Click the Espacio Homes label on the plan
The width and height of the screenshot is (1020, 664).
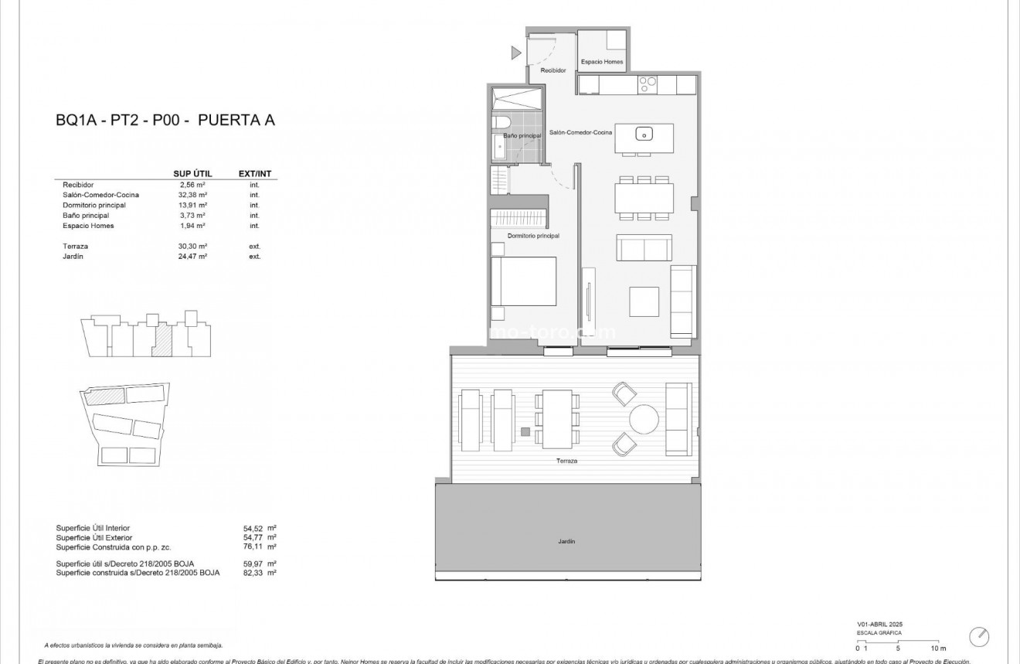(602, 62)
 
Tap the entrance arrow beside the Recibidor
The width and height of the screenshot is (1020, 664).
(516, 53)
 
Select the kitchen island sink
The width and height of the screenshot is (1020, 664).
(644, 135)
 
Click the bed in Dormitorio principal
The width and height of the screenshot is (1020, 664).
(524, 281)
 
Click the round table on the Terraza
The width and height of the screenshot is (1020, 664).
(644, 421)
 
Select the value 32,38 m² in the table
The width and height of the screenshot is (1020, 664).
(192, 196)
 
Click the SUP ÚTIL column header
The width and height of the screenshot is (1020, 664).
(192, 174)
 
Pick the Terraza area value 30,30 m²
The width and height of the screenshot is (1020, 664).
(192, 246)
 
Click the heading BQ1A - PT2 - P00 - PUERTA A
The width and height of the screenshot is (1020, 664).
(165, 120)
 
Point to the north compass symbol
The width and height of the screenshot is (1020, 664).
(979, 636)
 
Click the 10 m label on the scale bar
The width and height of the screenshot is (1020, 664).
(937, 648)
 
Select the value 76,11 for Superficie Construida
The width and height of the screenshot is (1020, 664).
(253, 547)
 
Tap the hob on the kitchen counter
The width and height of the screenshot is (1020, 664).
(647, 83)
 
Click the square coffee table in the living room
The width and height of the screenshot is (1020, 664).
(644, 298)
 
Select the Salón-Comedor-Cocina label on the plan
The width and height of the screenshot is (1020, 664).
(580, 133)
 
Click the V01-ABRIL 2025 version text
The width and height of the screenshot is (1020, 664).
(879, 624)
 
